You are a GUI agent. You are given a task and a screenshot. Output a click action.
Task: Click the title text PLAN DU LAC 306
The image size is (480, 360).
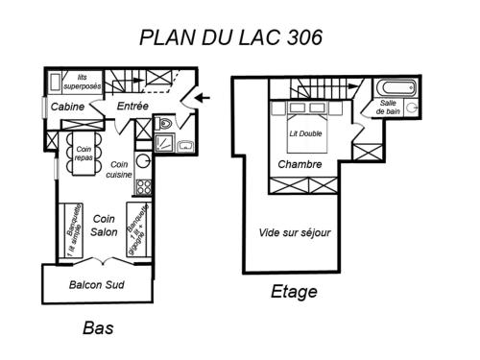click(x=230, y=37)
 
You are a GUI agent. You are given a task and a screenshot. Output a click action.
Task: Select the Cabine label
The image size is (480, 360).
click(x=66, y=107)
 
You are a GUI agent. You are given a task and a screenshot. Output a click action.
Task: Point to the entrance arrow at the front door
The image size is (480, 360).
click(x=199, y=96)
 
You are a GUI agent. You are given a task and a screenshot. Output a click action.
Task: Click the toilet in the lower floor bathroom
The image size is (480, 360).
click(x=164, y=123)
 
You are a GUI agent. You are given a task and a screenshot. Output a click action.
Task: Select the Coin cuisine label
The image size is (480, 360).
click(x=118, y=169)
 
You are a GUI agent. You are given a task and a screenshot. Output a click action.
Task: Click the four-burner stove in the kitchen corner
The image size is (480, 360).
click(x=143, y=185)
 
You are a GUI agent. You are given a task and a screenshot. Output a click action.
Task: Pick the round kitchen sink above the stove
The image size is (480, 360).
click(x=143, y=160)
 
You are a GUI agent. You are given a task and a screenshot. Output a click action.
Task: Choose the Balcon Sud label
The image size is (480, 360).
click(x=97, y=285)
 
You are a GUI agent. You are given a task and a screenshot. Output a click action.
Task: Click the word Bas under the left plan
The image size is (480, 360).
click(x=98, y=328)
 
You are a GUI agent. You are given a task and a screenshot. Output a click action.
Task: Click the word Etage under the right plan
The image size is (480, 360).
click(x=294, y=292)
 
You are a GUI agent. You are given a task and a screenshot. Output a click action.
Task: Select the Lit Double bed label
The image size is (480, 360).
click(x=306, y=133)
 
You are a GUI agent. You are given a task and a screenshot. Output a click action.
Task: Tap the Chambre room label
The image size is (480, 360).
click(x=300, y=164)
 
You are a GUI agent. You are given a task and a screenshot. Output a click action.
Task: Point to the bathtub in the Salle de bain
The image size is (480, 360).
click(x=396, y=86)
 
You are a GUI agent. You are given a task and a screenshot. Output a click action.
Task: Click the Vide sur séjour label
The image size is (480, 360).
click(x=295, y=232)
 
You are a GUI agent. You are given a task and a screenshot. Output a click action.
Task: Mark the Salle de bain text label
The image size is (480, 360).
click(x=389, y=107)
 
